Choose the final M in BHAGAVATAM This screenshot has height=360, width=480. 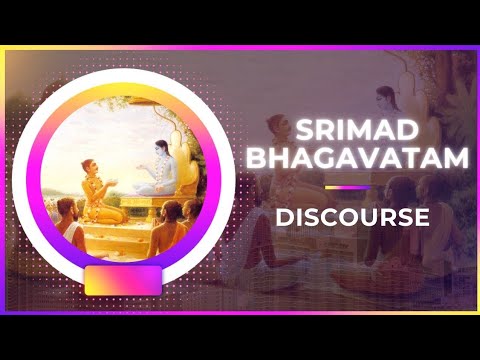click(x=425, y=159)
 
